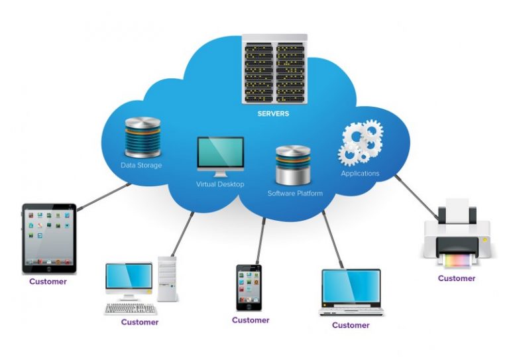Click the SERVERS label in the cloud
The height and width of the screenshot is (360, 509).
(273, 113)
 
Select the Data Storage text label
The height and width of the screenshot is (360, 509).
(141, 165)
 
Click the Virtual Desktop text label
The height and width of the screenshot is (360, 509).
(220, 184)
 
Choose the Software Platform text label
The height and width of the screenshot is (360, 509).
(295, 194)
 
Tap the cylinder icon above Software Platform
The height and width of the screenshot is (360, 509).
(292, 166)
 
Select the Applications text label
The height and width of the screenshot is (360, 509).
(360, 174)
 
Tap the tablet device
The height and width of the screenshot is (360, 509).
(49, 238)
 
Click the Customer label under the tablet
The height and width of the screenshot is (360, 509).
(48, 281)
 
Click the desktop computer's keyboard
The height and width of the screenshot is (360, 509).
(130, 308)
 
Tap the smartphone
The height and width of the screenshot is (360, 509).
(249, 287)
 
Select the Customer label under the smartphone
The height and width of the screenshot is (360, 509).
(251, 320)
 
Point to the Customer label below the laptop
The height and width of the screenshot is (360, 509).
(351, 326)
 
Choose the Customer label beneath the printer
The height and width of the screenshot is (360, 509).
(457, 278)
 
